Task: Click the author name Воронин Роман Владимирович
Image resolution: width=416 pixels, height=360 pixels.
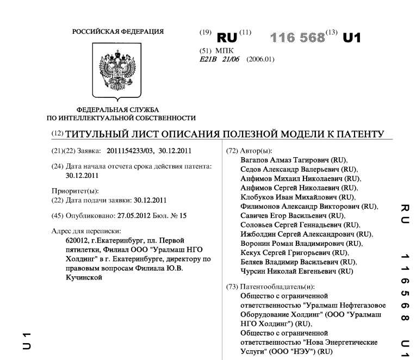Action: pyautogui.click(x=293, y=243)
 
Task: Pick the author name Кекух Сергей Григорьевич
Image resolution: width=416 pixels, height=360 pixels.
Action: pyautogui.click(x=285, y=252)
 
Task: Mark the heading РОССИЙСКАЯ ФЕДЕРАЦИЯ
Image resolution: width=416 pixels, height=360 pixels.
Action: pyautogui.click(x=117, y=31)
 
